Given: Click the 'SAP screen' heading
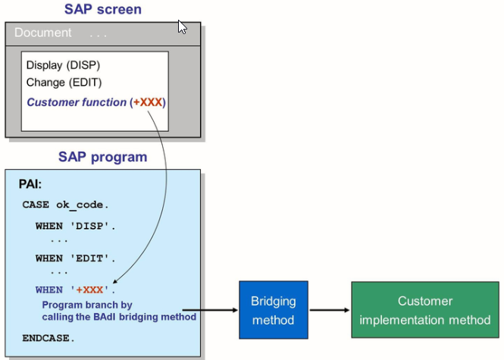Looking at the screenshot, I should (x=103, y=10).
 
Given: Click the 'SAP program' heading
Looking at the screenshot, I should (x=103, y=157).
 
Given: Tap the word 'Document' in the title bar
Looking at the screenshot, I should (x=43, y=33).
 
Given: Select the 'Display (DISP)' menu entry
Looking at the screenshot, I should (x=63, y=65).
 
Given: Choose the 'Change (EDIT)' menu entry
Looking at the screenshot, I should (x=64, y=82).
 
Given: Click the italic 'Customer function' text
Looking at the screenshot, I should (x=77, y=102).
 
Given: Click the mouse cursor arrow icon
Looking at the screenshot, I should (x=182, y=27).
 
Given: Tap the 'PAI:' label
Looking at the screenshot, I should (x=32, y=185).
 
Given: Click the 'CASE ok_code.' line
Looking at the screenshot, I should (x=65, y=205).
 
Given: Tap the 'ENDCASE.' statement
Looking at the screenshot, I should (x=49, y=337).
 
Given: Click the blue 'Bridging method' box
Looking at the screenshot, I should (x=273, y=310).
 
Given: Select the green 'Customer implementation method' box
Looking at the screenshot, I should (x=424, y=310).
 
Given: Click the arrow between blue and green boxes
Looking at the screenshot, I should (x=328, y=310).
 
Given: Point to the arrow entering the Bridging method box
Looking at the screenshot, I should (x=220, y=310).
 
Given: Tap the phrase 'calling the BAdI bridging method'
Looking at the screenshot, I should (x=119, y=316).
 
